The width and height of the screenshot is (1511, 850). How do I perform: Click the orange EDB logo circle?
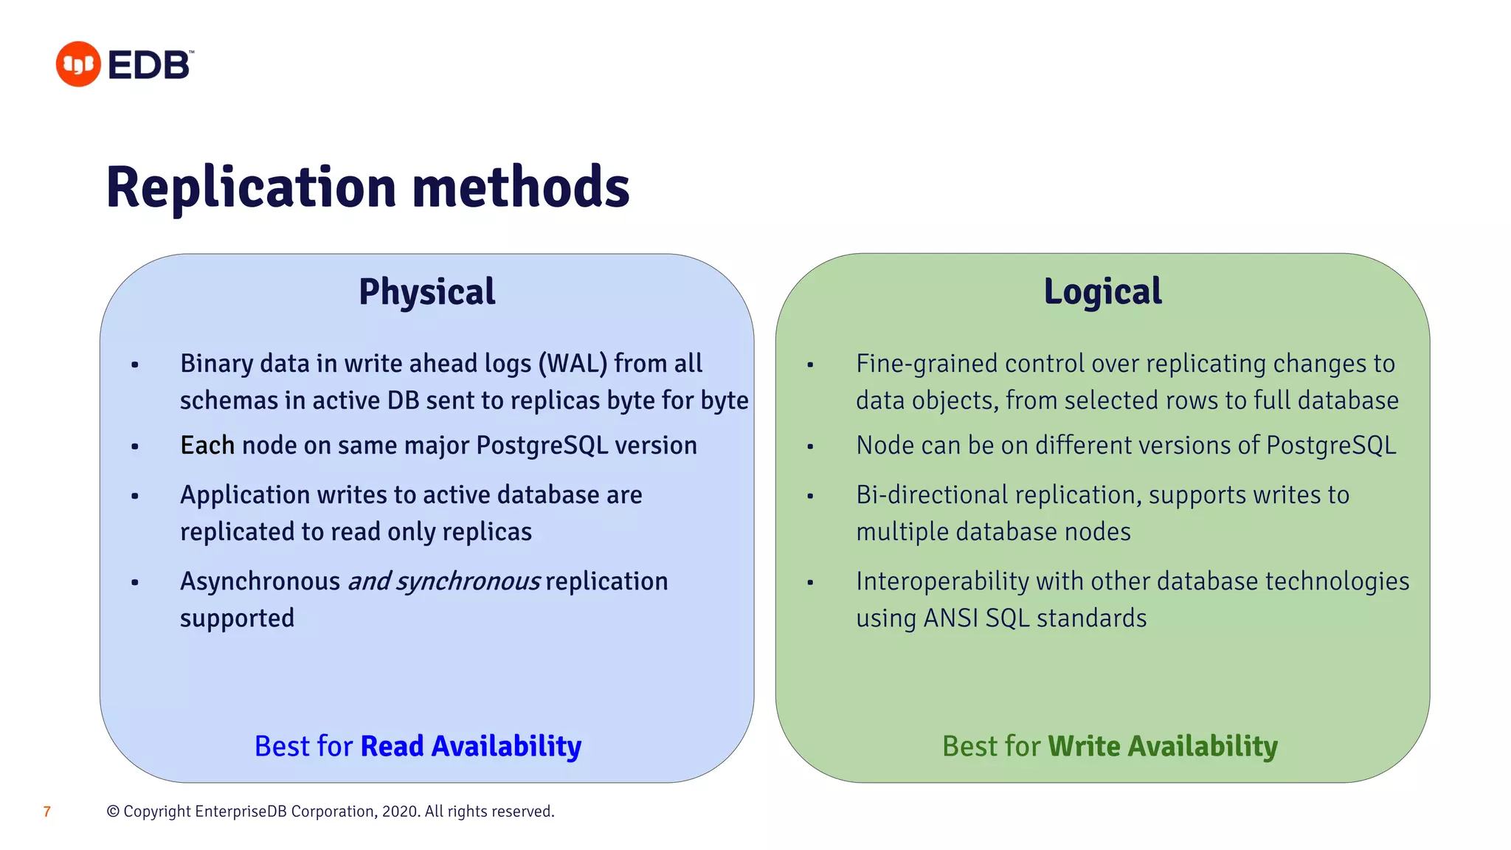78,64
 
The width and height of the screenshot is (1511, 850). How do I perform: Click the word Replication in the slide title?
252,187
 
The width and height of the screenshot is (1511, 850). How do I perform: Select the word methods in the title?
521,187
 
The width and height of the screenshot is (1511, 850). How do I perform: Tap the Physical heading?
426,291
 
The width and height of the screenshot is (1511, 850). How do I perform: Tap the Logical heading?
1102,291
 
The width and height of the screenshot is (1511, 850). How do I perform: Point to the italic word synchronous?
468,582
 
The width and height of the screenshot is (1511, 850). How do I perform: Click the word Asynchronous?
260,582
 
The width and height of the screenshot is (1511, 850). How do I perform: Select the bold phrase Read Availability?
471,747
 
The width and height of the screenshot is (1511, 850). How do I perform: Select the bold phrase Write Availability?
1162,747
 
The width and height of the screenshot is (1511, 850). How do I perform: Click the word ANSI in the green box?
950,618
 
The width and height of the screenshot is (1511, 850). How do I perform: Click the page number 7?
47,812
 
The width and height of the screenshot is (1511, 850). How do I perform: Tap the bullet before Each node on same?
135,446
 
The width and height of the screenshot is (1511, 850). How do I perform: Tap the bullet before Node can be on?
810,446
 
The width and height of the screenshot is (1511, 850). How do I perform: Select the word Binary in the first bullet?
214,364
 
